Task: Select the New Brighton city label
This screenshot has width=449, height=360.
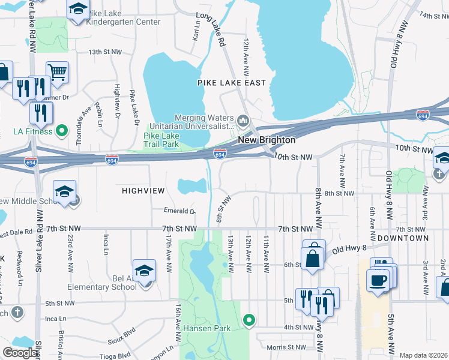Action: click(x=267, y=140)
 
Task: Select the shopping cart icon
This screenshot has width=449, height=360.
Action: click(x=57, y=73)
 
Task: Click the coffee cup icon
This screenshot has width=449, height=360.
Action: click(x=378, y=280)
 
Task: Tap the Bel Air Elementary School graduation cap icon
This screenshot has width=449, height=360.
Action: click(x=144, y=272)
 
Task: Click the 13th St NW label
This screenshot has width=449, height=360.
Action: click(x=105, y=52)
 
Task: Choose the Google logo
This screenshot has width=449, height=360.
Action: click(x=20, y=353)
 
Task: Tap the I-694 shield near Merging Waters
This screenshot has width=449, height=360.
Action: click(x=220, y=154)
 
